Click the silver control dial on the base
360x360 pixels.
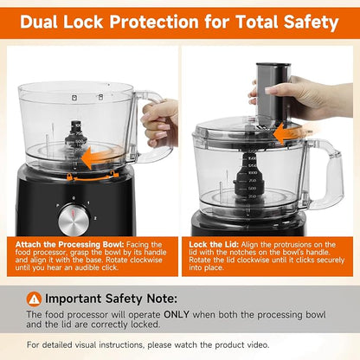74,221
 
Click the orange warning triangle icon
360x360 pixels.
34,299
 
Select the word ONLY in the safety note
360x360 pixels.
177,314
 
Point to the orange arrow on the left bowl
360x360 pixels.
101,157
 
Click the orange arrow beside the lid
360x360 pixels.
292,133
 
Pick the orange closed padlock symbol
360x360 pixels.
69,177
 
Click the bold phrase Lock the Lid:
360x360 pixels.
214,245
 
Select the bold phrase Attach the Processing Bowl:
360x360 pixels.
69,245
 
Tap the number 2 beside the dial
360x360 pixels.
95,218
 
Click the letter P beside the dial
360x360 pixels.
58,205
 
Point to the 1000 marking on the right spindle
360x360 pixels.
253,173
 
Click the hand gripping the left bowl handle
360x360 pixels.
160,121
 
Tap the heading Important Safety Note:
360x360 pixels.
111,299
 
